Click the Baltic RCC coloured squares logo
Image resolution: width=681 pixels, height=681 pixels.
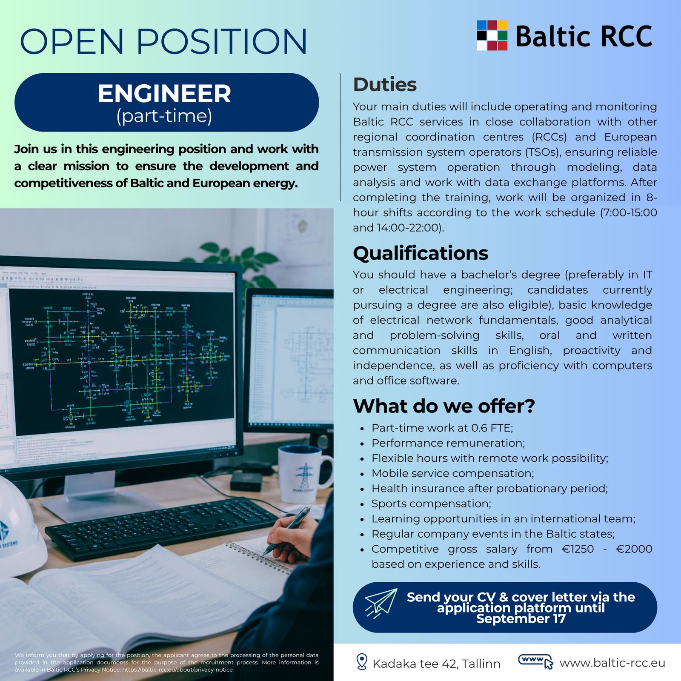coord(492,35)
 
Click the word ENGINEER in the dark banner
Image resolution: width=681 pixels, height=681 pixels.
coord(164,94)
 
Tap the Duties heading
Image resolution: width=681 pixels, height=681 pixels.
coord(385,84)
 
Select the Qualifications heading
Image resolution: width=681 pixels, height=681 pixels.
coord(421,253)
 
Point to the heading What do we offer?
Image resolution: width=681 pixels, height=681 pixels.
coord(444,406)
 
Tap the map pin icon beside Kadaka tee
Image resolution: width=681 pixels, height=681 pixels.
coord(361,662)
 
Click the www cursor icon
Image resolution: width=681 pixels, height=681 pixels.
coord(535,661)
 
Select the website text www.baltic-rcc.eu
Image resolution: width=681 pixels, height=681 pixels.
coord(612,663)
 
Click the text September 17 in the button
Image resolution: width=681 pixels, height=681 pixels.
coord(521,618)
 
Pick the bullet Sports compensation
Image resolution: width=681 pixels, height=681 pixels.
coord(431,504)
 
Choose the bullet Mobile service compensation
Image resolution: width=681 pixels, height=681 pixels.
coord(452,473)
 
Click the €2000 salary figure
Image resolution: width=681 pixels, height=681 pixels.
coord(634,549)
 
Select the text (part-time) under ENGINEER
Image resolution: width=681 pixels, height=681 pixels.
coord(164,116)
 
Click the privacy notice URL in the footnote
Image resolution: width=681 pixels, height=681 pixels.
coord(177,670)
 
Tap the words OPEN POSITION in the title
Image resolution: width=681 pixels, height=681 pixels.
coord(163,41)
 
